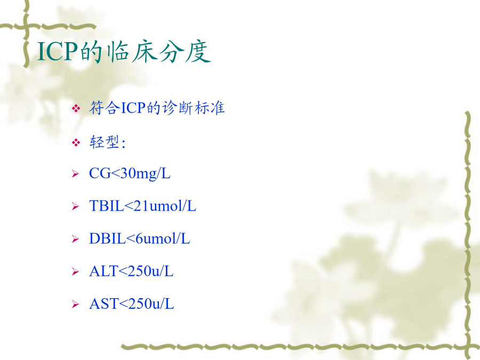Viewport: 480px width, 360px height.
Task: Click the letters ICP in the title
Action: click(57, 51)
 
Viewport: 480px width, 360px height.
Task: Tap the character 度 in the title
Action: click(198, 51)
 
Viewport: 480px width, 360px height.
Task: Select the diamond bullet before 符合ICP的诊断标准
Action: click(76, 108)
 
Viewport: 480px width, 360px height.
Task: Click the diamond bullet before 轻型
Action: click(76, 142)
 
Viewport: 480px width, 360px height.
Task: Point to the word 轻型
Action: click(104, 142)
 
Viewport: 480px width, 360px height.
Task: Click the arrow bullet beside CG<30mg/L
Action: click(75, 174)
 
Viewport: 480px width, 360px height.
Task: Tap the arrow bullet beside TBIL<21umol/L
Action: click(75, 206)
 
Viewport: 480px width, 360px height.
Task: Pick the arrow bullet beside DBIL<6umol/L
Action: click(75, 239)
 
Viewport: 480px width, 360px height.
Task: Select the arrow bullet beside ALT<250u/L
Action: click(75, 272)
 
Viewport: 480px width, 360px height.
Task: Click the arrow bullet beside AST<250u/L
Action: click(75, 305)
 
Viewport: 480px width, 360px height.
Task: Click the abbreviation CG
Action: click(100, 173)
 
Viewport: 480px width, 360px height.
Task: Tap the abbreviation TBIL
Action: click(107, 206)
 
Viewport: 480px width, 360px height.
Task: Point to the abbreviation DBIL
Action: click(107, 238)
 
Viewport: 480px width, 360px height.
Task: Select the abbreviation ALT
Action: click(103, 271)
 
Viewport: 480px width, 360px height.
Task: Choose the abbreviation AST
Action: click(104, 303)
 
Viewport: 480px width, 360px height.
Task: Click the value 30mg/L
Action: click(146, 174)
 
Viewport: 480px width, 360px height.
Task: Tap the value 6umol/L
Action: click(163, 238)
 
